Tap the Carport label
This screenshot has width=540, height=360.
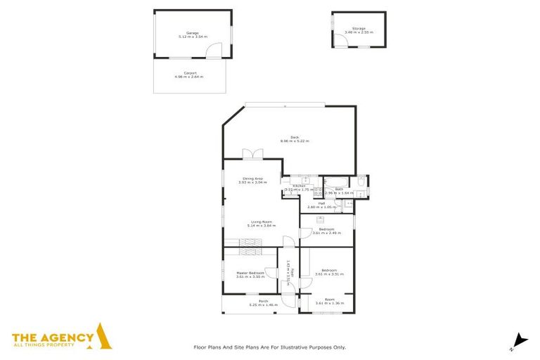(188, 72)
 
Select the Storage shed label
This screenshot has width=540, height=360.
(359, 29)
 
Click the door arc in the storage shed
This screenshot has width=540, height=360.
(341, 41)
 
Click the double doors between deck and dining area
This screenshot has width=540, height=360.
(252, 154)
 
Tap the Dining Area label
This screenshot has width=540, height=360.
(252, 179)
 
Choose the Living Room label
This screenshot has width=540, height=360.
(262, 221)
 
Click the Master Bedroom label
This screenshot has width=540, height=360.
(250, 272)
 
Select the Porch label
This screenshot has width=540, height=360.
(263, 301)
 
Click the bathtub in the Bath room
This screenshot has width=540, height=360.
(360, 184)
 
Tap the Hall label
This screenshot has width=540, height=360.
(321, 203)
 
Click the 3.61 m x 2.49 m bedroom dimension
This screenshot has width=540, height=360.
(326, 233)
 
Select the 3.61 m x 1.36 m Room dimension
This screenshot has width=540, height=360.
(328, 303)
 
